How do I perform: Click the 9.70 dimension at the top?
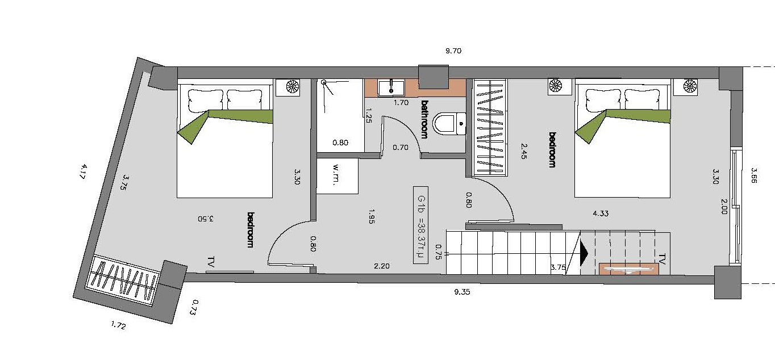[x=453, y=51]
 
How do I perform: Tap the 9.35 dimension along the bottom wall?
[x=462, y=292]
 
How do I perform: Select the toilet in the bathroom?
[x=450, y=124]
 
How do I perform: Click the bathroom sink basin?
[x=391, y=88]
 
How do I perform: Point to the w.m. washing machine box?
[x=338, y=176]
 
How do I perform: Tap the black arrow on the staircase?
[x=584, y=253]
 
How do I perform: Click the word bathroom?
[x=424, y=120]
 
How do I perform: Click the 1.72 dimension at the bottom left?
[x=118, y=325]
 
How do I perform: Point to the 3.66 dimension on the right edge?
[x=754, y=175]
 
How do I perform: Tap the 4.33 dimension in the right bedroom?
[x=601, y=214]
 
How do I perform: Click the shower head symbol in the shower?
[x=323, y=82]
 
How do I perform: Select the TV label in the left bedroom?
[x=211, y=262]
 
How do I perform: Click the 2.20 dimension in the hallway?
[x=382, y=266]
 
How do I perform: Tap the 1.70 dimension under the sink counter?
[x=401, y=102]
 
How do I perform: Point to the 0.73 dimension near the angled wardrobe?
[x=195, y=307]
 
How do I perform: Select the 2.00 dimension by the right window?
[x=724, y=207]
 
